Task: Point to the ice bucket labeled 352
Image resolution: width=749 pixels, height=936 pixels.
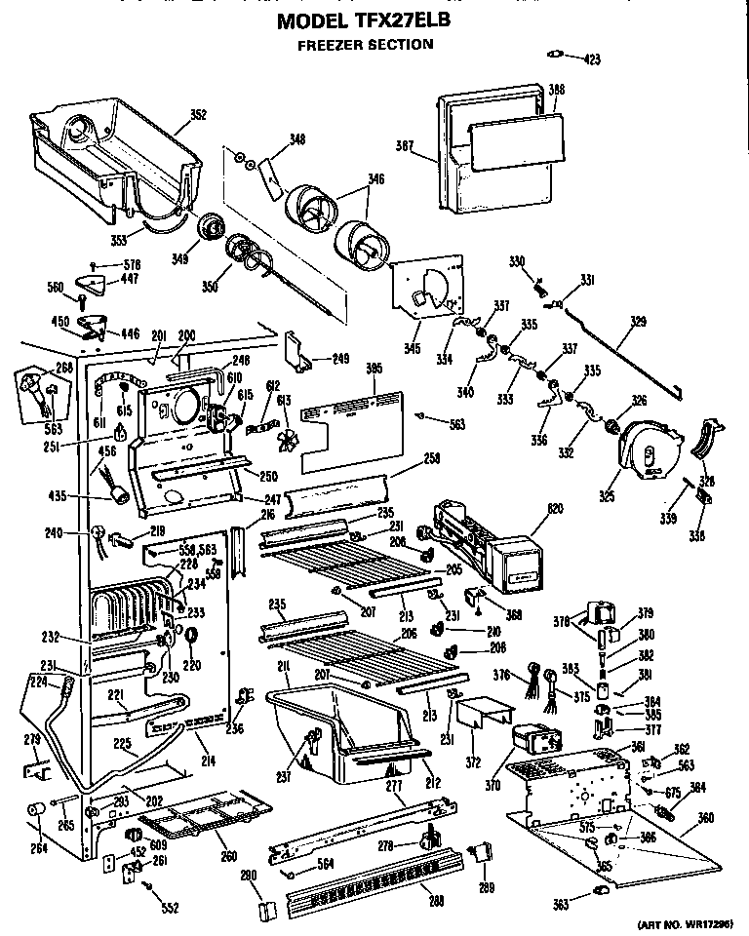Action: coord(107,156)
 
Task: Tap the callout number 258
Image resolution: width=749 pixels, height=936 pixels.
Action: coord(430,458)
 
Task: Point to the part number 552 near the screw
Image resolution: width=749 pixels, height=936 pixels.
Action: coord(171,908)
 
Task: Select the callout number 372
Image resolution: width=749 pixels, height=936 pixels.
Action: coord(474,760)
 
